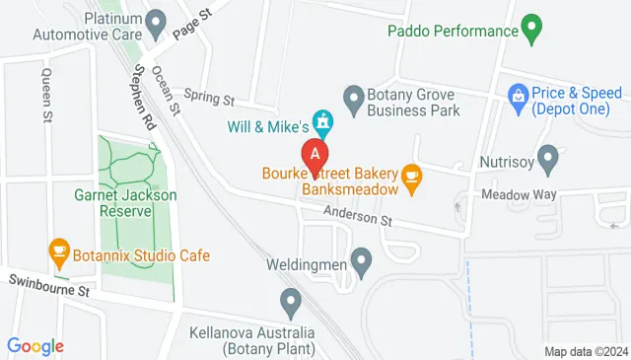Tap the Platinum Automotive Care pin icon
(x=156, y=21)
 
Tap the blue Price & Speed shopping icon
(x=516, y=95)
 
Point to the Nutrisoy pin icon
(x=548, y=158)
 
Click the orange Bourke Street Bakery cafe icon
(x=412, y=178)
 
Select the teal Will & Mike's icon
(x=321, y=124)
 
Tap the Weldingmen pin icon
(x=362, y=262)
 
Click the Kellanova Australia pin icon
(x=290, y=300)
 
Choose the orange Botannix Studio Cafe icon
(x=58, y=252)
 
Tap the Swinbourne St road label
(x=49, y=291)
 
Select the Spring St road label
(x=215, y=100)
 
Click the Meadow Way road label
(x=520, y=194)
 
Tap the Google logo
(x=35, y=346)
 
